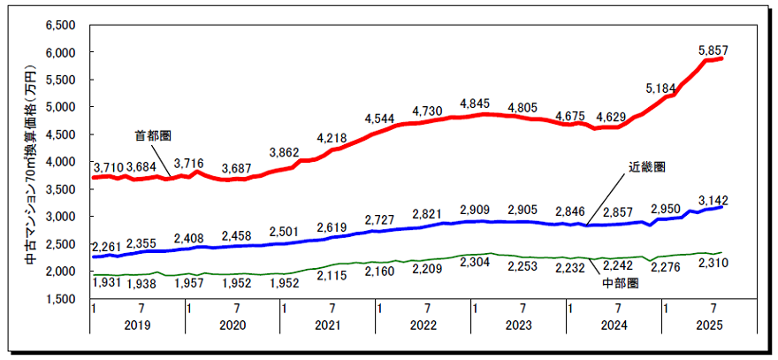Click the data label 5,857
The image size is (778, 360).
713,49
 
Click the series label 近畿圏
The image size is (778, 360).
647,165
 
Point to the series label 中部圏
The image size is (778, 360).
621,283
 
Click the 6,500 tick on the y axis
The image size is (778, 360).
60,25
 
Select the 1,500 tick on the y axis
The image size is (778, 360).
60,299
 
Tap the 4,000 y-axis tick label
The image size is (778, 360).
60,162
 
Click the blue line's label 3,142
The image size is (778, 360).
713,199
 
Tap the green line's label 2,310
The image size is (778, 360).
713,263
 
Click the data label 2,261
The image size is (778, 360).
107,247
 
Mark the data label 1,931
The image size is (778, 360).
107,282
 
